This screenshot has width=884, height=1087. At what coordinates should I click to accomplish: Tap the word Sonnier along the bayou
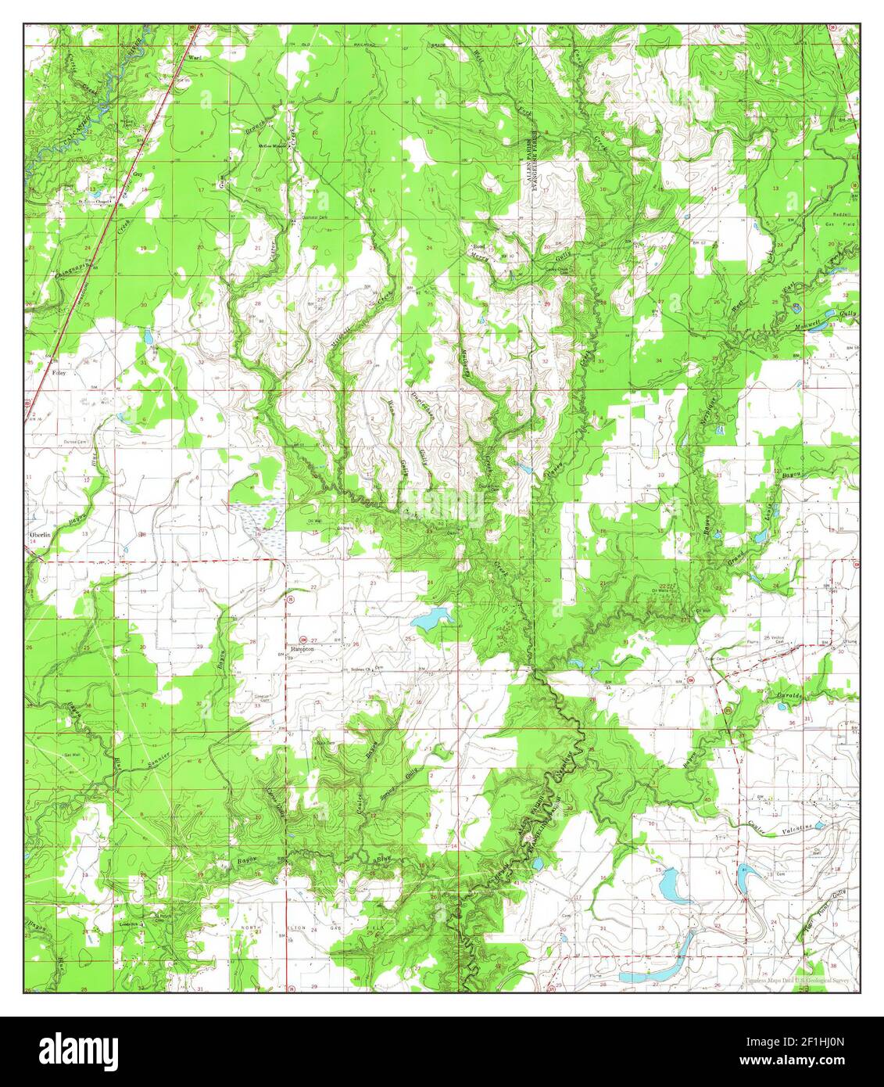coord(156,756)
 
